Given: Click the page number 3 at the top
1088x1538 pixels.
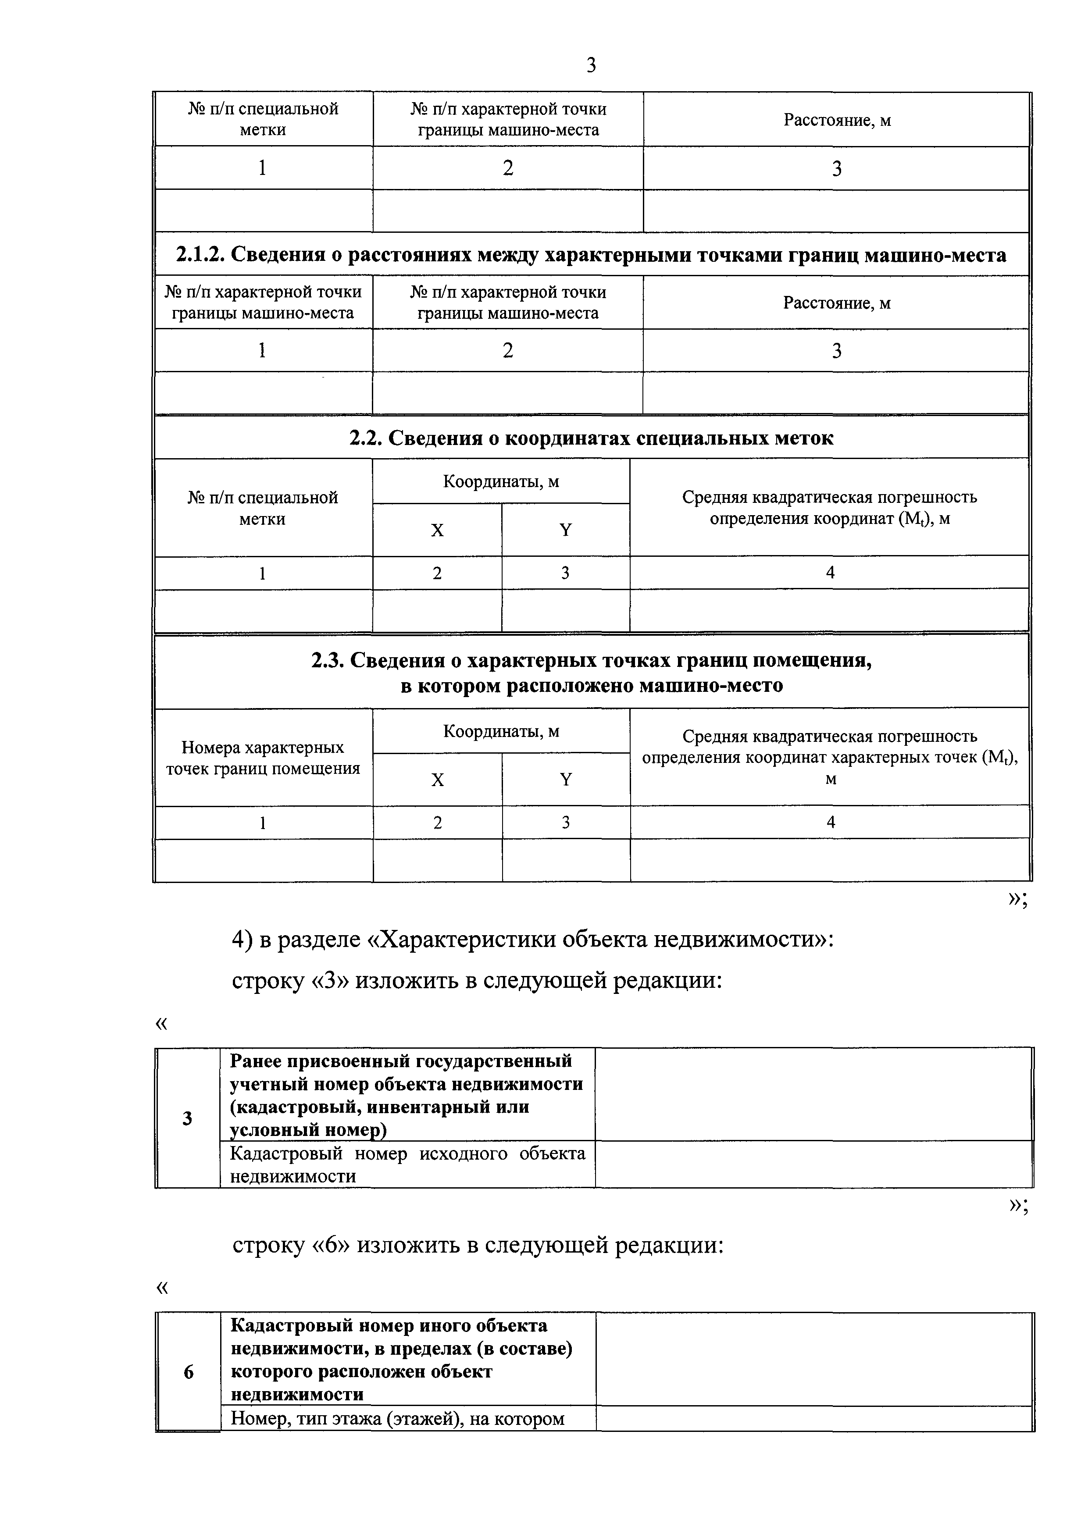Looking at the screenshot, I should coord(590,66).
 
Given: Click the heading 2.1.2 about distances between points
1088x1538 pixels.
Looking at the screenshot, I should coord(591,255).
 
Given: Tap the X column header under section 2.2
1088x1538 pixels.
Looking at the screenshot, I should coord(437,530).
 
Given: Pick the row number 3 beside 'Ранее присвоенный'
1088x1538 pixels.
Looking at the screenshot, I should coord(188,1118).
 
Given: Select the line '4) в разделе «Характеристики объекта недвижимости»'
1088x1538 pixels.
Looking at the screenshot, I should coord(533,940).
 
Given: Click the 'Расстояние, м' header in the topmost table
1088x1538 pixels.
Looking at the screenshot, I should coord(837,121).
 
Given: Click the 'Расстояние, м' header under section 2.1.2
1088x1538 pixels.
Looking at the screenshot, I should coord(837,303).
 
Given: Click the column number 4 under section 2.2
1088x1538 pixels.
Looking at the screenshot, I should coord(830,573).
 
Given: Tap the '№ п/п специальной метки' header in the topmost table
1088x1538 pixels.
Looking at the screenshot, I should coord(263,119).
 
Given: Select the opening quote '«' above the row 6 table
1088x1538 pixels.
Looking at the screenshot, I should coord(161,1288).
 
